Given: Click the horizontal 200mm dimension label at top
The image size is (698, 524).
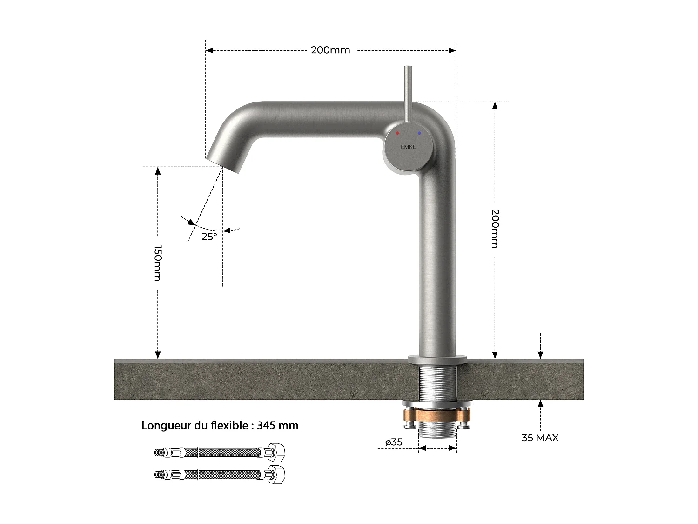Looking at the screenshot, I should tap(330, 50).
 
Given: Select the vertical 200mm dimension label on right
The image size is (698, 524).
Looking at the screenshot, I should tap(495, 228).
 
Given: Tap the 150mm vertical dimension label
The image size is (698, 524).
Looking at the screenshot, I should tap(158, 263).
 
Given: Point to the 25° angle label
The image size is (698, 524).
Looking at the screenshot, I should tap(209, 237).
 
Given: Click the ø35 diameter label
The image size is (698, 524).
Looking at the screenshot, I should tap(394, 442).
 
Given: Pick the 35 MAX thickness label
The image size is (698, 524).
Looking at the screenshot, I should tap(540, 437).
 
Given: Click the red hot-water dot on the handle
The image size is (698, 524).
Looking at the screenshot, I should tap(397, 133).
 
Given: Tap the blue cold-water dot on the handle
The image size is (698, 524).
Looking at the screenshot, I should tap(419, 133).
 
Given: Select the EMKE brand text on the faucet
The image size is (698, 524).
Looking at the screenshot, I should tap(408, 147).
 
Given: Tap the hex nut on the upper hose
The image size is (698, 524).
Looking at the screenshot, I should tap(276, 452).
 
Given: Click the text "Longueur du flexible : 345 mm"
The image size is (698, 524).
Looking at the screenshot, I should tap(220, 425).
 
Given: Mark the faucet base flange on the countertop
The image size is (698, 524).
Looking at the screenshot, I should tap(437, 359).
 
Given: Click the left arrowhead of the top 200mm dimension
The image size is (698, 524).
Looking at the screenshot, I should tap(209, 50).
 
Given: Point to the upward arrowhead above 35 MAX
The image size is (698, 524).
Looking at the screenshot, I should tap(540, 404).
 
